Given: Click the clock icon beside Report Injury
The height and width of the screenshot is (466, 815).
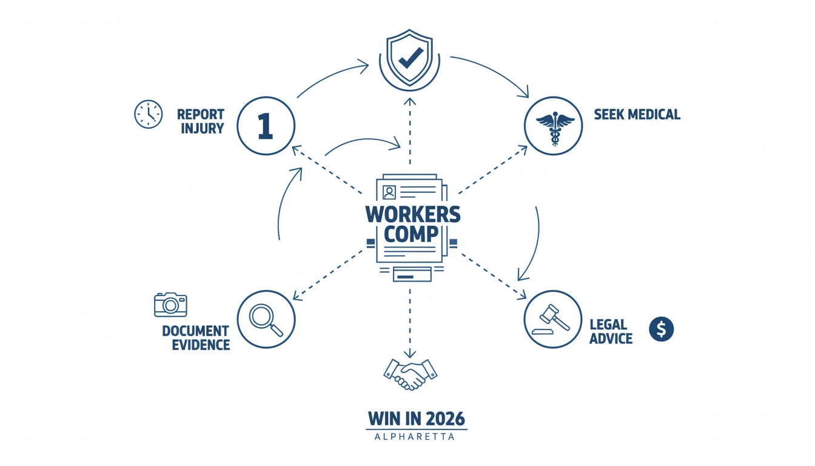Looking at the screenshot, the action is click(x=149, y=114).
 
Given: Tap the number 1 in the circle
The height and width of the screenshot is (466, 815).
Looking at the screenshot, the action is click(x=266, y=126).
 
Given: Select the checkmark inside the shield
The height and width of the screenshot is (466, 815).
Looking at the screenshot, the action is click(x=411, y=58).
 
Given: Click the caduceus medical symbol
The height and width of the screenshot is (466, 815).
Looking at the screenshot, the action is click(x=555, y=128).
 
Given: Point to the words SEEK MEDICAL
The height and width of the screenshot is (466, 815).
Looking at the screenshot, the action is click(x=637, y=114).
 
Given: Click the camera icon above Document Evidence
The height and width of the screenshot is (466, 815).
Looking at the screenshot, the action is click(x=170, y=305).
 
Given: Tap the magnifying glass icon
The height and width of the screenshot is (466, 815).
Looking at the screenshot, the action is click(x=266, y=320).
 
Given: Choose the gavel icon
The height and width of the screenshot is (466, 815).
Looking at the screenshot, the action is click(x=551, y=319).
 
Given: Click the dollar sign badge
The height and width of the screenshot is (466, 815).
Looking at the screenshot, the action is click(x=662, y=329).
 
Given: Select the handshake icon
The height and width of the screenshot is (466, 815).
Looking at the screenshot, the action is click(x=411, y=374).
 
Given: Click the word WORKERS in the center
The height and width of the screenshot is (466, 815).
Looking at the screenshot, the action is click(x=413, y=214).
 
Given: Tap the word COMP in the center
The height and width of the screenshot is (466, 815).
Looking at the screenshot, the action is click(x=411, y=234).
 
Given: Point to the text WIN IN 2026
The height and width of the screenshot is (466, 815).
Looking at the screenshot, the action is click(x=417, y=419).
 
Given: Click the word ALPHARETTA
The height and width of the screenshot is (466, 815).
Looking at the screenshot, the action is click(x=415, y=436).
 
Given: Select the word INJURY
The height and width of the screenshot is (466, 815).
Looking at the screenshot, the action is click(x=203, y=129).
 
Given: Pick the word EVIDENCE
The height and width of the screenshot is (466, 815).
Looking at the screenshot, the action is click(x=201, y=345).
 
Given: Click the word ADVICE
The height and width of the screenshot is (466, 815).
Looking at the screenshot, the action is click(x=611, y=339).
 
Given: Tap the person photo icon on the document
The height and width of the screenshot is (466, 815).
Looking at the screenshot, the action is click(x=389, y=192).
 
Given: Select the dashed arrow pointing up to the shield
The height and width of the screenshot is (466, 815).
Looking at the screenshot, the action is click(x=410, y=131).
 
